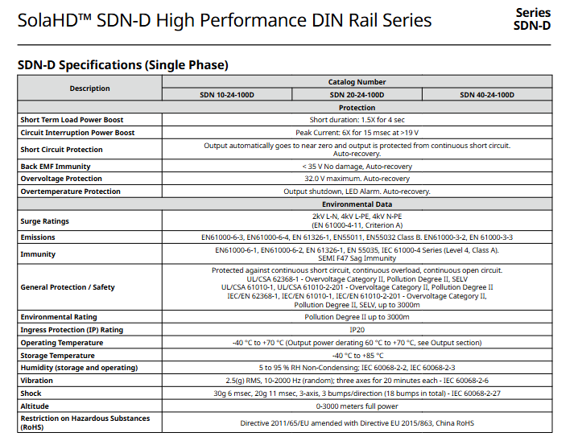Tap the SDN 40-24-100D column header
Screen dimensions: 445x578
(487, 95)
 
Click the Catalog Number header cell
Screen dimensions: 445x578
(357, 82)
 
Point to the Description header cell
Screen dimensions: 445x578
(89, 89)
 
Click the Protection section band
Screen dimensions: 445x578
(357, 107)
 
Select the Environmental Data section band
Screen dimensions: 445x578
(357, 204)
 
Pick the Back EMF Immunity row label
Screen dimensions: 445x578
(56, 167)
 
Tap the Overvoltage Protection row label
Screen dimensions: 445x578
(61, 179)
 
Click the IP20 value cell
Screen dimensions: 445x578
(357, 330)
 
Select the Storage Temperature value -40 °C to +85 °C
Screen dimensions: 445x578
(357, 355)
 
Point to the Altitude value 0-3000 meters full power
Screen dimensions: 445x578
(357, 406)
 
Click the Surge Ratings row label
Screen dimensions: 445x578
(45, 221)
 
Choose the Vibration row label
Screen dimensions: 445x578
(37, 381)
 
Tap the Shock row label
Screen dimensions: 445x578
(31, 393)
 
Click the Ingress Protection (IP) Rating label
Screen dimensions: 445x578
(72, 330)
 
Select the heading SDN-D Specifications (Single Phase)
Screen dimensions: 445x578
(123, 64)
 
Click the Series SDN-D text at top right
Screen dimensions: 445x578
(532, 19)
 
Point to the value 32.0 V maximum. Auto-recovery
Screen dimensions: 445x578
(357, 179)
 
